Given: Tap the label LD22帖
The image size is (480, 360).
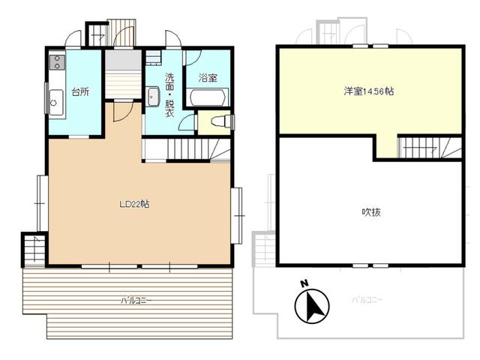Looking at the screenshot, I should click(134, 204).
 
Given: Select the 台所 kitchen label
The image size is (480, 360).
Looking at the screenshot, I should click(80, 92).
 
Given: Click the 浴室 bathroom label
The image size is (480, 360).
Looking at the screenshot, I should click(207, 77).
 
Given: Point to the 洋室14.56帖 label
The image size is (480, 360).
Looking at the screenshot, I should click(369, 91).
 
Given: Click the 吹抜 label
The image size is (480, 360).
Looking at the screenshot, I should click(371, 212).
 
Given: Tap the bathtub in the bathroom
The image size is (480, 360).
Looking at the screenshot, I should click(208, 97).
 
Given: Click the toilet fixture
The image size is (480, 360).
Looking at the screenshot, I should click(220, 121).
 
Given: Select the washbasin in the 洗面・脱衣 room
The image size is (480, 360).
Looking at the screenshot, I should click(153, 97).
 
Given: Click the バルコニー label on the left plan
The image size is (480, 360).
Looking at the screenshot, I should click(136, 301).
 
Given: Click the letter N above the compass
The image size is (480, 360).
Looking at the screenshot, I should click(304, 283).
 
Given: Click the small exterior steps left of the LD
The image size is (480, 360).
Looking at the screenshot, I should click(34, 250).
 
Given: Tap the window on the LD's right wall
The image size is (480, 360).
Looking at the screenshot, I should click(236, 215).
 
